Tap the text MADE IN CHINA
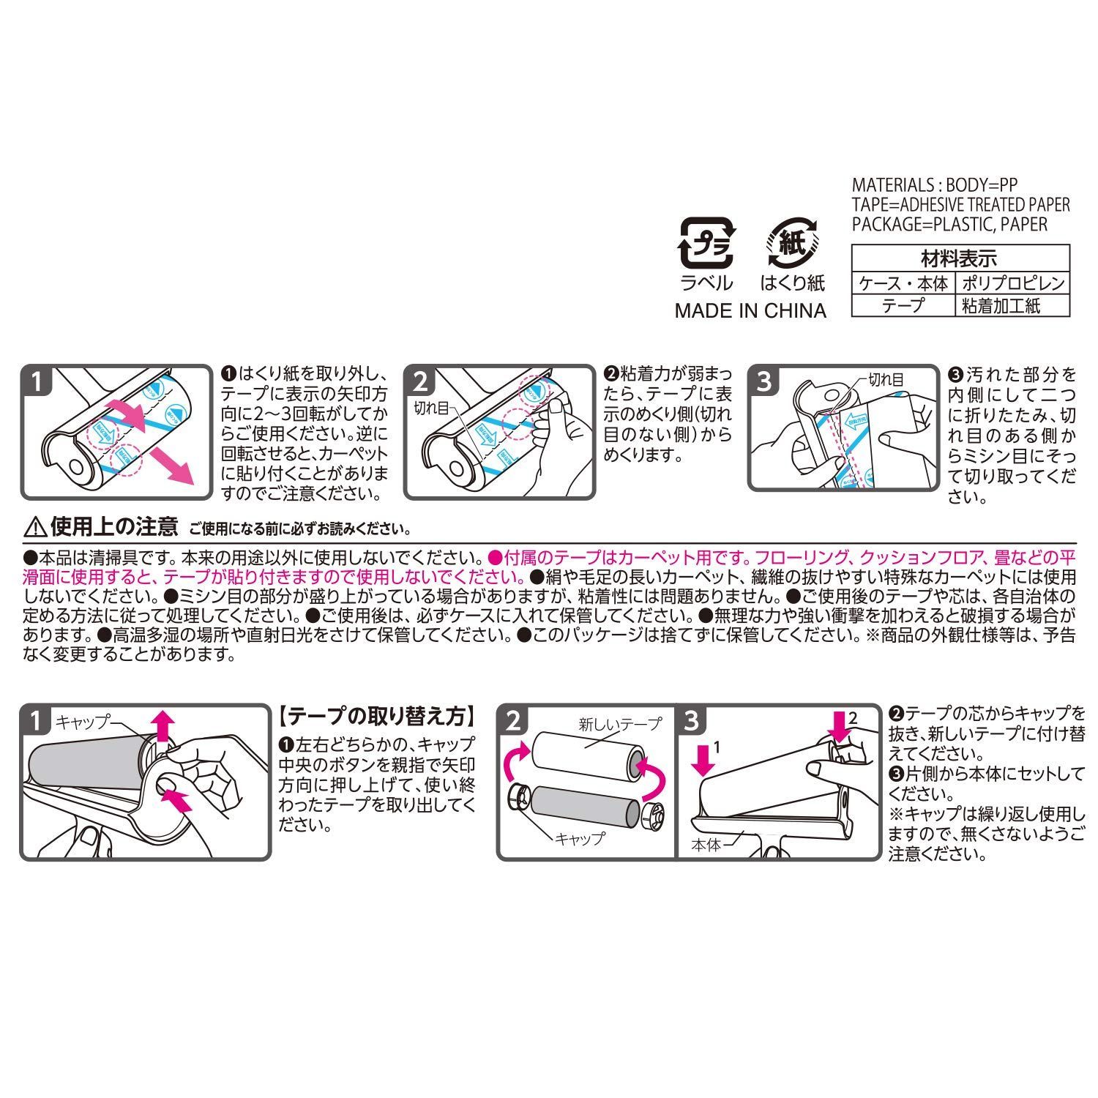coord(750,310)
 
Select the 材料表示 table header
coord(960,258)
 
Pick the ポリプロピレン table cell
coord(1012,283)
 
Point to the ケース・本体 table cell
coord(903,283)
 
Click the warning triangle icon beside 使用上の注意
coord(34,526)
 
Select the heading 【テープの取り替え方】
coord(378,714)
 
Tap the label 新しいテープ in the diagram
coord(619,725)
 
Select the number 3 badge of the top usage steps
coord(763,381)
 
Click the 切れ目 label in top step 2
coord(431,406)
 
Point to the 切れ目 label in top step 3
coord(885,379)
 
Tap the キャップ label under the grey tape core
coord(580,838)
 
